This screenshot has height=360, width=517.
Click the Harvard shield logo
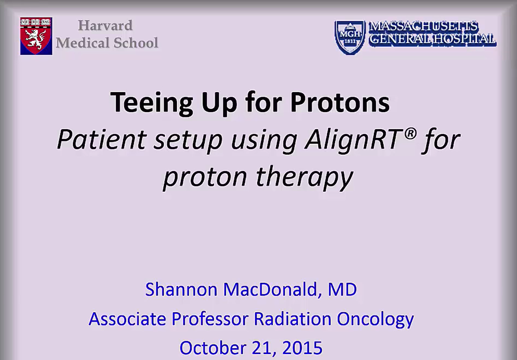tap(36, 36)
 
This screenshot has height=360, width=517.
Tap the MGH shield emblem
tap(350, 37)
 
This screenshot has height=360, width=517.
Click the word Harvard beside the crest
tap(105, 25)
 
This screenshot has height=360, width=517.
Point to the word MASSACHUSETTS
tap(424, 27)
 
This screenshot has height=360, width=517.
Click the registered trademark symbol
tap(410, 134)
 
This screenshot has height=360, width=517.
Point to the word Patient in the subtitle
tap(101, 139)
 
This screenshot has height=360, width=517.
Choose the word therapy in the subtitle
tap(305, 177)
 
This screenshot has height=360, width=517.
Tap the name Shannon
tap(181, 289)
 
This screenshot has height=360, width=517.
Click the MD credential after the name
tap(342, 289)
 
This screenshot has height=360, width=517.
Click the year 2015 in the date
tap(302, 348)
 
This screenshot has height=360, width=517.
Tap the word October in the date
tap(213, 348)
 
